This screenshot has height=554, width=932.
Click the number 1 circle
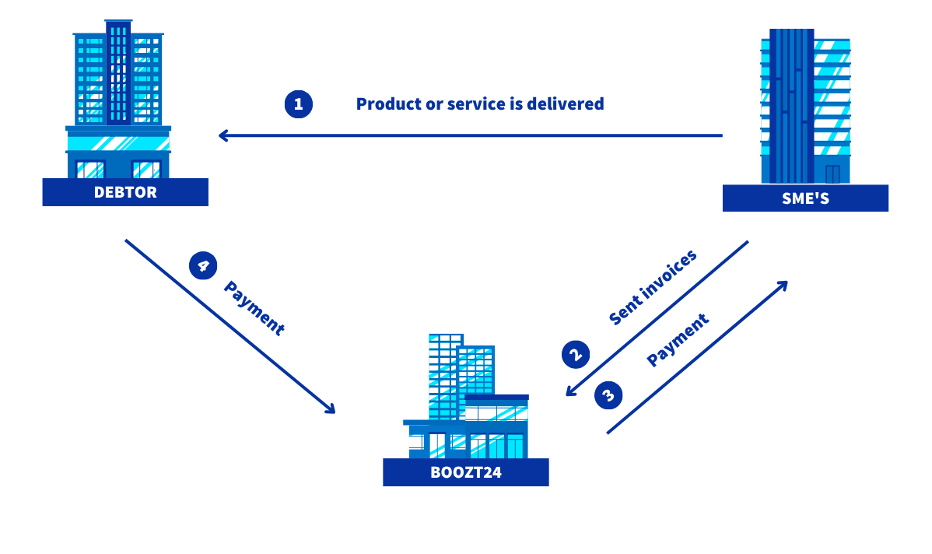[299, 104]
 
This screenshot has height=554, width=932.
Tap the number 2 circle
[576, 354]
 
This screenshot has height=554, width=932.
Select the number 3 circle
[608, 395]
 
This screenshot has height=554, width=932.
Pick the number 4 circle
[203, 265]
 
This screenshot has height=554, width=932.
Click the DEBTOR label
[125, 192]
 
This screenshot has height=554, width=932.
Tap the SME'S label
[805, 198]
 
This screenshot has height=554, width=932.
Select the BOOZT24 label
[466, 472]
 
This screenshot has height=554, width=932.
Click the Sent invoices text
[653, 287]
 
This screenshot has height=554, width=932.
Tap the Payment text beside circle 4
[254, 308]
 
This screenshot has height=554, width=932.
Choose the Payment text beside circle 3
[678, 339]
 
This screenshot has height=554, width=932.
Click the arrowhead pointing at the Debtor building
[223, 135]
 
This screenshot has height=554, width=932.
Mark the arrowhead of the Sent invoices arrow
[571, 390]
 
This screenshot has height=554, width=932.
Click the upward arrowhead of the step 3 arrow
[783, 286]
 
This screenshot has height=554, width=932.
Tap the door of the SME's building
[832, 174]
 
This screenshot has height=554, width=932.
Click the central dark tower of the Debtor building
[118, 72]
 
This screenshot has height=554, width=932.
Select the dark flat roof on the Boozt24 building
[497, 398]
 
